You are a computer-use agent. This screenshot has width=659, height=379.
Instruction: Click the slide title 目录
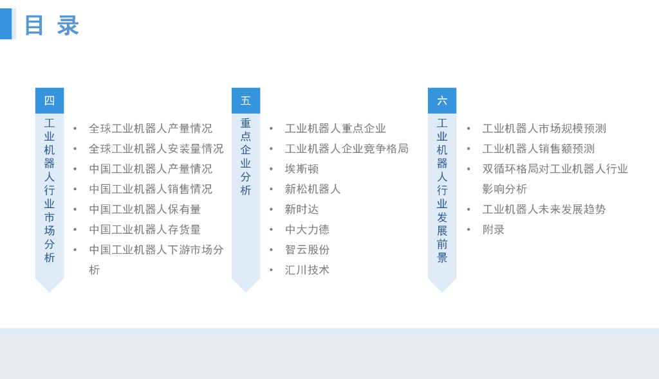coord(51,26)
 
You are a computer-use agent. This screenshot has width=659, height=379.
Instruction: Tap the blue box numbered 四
coord(50,101)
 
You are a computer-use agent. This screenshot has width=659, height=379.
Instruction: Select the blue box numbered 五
coord(246,101)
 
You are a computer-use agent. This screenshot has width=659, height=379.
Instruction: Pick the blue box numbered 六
coord(442,101)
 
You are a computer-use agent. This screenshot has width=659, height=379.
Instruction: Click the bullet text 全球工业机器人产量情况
coord(151,128)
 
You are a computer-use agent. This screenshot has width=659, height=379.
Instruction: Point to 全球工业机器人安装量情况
coord(156,149)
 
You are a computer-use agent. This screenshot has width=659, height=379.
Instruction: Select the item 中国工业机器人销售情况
coord(151,189)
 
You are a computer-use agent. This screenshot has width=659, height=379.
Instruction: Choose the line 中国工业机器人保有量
coord(145,209)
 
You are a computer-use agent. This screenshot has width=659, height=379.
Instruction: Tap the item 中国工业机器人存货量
coord(145,229)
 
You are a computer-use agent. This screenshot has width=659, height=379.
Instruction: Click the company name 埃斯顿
coord(302,169)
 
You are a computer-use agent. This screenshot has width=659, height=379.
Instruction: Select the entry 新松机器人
coord(313,189)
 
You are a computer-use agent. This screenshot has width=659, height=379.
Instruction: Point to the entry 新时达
coord(302,209)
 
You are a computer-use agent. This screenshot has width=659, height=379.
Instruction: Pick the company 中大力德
coord(307,229)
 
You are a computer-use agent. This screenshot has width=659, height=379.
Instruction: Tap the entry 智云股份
coord(307,250)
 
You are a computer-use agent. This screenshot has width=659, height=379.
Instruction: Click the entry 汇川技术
coord(307,270)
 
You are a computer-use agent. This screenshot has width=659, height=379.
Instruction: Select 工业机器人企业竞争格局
coord(347,149)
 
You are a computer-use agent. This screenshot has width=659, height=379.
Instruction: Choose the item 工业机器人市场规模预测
coord(544,128)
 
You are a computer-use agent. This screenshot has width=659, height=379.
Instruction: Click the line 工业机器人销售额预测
coord(539,149)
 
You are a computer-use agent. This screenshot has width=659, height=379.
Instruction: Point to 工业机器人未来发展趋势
coord(544,209)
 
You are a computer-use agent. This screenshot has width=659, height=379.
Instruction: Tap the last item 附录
coord(494,229)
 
